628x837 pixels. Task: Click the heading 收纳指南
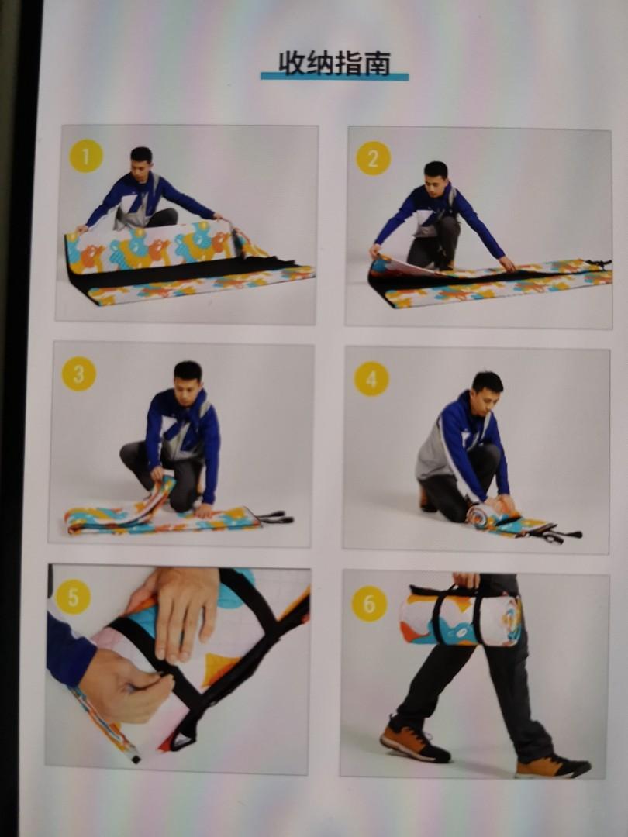[335, 63]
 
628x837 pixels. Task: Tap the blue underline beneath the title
[334, 77]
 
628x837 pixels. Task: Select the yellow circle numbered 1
[86, 156]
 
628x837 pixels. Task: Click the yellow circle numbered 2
[373, 158]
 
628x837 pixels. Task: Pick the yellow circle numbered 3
[79, 374]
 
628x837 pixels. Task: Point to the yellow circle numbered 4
[371, 378]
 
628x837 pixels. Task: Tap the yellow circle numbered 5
[73, 597]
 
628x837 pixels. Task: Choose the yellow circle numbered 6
[369, 604]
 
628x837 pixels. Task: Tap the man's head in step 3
[188, 377]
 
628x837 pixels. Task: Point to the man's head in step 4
[487, 387]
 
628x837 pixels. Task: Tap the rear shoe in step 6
[414, 740]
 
